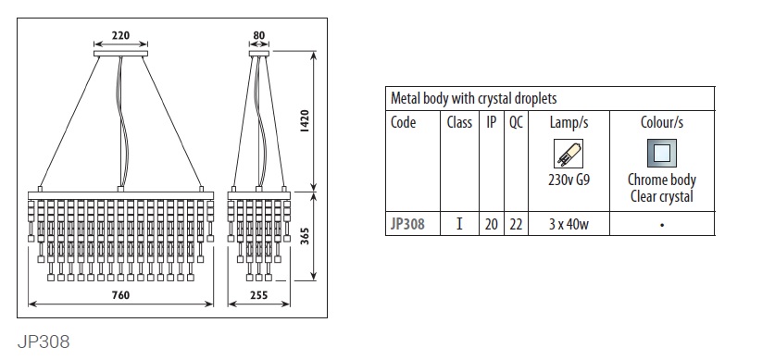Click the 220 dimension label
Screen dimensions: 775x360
point(120,35)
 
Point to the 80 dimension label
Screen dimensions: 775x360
point(259,35)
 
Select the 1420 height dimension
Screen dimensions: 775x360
point(304,121)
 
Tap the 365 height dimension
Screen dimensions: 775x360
point(304,237)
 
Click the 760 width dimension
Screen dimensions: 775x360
point(120,295)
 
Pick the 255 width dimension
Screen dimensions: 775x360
point(259,295)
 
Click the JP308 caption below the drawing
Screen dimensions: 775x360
point(44,341)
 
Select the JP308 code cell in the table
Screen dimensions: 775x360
point(407,224)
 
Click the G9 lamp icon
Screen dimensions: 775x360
point(569,153)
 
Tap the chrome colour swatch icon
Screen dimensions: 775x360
point(662,153)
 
